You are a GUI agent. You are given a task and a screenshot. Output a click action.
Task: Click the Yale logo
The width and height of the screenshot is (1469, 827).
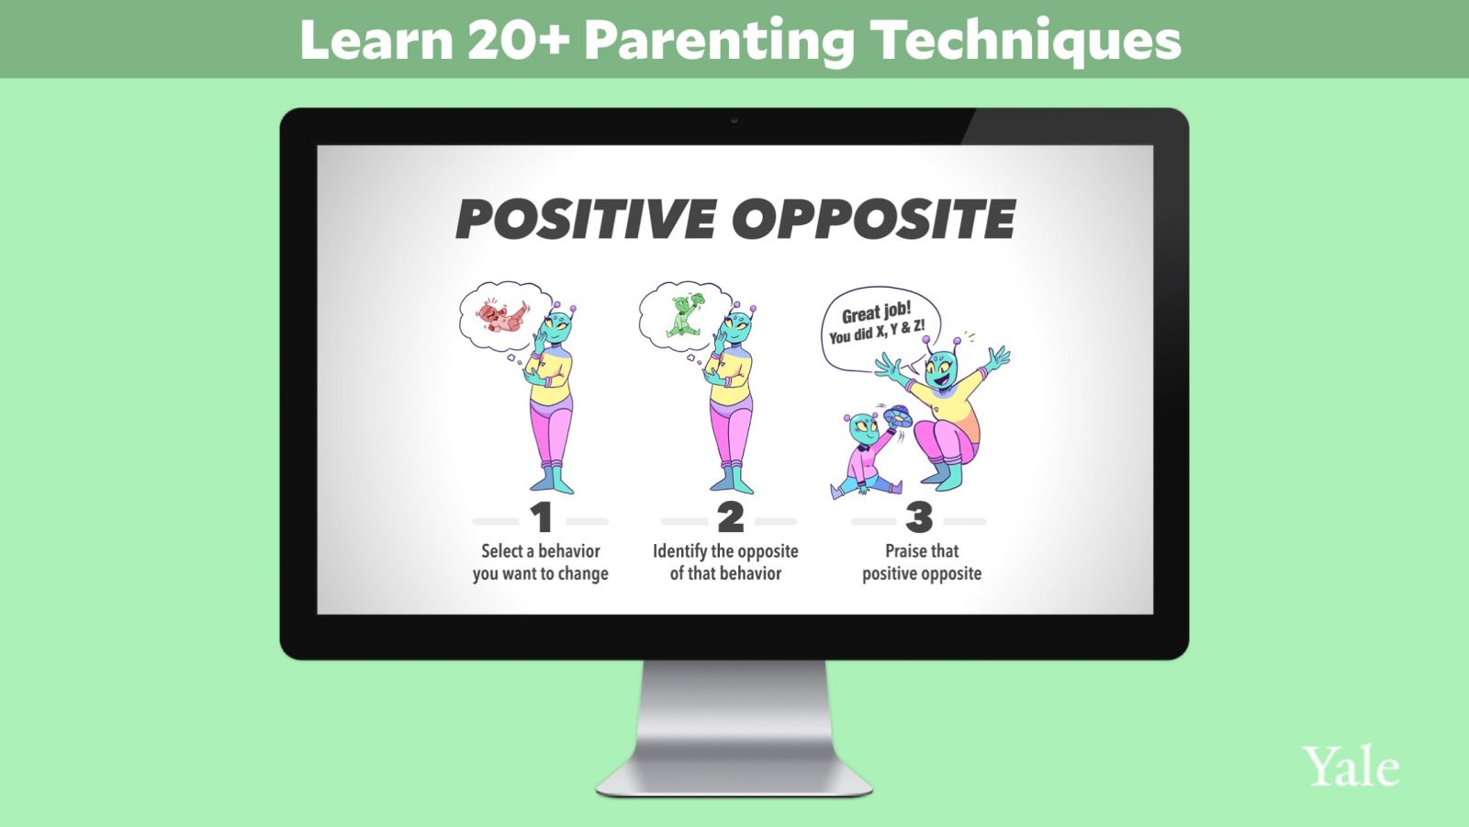1351,766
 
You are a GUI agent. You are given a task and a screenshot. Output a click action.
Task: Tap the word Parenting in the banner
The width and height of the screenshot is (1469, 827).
719,40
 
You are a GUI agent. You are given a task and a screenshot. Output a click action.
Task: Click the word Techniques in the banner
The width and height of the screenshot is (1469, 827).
1028,40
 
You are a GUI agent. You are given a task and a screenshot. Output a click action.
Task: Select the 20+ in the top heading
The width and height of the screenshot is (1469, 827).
518,40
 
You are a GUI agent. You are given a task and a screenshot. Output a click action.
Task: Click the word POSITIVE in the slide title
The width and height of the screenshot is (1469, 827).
587,219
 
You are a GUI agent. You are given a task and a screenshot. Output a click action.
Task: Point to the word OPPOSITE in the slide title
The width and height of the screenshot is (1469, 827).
874,219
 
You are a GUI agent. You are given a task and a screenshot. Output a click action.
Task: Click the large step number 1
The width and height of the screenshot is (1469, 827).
542,518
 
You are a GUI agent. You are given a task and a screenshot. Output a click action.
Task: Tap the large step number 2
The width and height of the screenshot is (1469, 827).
731,518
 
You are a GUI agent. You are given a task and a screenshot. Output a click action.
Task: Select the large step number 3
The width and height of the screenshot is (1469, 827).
919,518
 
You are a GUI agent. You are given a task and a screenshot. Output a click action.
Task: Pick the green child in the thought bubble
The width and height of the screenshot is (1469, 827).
685,316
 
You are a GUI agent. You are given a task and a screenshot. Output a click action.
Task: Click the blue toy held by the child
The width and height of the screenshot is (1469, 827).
898,415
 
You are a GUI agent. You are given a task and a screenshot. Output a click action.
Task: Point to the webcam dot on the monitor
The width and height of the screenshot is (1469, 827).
734,120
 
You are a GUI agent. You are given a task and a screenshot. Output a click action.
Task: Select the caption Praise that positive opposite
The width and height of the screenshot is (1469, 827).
922,562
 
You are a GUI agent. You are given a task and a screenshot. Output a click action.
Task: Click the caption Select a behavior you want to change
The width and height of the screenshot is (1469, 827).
541,562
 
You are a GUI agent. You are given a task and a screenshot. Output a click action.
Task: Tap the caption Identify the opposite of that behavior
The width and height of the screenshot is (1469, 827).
725,562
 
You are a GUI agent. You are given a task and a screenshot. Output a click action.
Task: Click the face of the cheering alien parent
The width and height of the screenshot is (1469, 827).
942,373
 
